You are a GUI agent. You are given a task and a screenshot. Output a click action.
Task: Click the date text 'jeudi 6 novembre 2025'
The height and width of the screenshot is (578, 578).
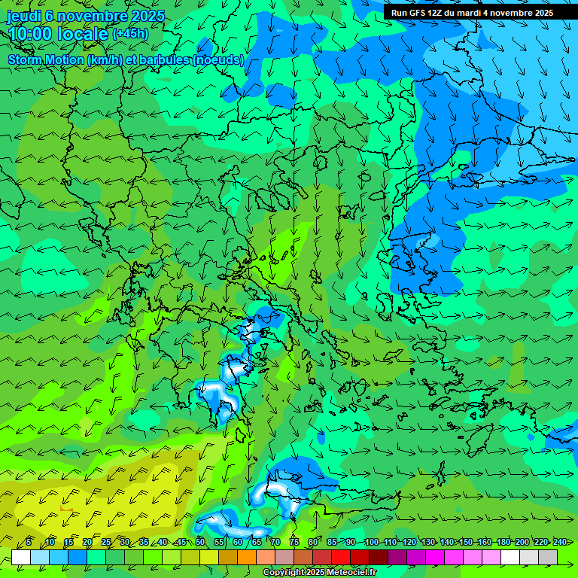coord(85,16)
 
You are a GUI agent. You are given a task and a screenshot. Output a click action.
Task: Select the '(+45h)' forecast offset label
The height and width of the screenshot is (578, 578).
coord(130,34)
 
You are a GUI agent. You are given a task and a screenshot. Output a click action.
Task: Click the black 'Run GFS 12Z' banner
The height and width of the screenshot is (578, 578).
coord(472,13)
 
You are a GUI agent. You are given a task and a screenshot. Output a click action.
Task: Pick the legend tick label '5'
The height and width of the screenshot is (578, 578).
coord(28,542)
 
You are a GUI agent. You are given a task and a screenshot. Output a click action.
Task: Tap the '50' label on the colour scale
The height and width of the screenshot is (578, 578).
coord(200,542)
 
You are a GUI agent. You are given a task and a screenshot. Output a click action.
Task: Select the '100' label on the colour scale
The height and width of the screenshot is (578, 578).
coord(371,542)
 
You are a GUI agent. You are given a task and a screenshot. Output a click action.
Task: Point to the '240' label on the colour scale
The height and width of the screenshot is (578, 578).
coord(559,542)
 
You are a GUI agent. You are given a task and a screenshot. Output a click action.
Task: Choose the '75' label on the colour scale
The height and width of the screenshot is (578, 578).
coord(294,542)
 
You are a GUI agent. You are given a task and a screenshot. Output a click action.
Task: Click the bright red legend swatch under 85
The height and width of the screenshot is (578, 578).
coord(341,557)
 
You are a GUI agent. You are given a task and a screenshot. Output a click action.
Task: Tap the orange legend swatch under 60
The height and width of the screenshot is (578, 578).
coord(247,557)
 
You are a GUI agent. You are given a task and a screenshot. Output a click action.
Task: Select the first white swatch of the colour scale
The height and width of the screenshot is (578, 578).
coord(21,557)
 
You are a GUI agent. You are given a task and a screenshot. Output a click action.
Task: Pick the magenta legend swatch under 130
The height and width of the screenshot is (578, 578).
coord(435,557)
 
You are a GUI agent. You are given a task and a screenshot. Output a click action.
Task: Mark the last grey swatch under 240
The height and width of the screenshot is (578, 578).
coord(548,557)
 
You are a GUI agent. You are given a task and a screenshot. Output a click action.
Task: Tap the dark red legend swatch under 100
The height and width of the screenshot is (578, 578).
coord(379,557)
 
